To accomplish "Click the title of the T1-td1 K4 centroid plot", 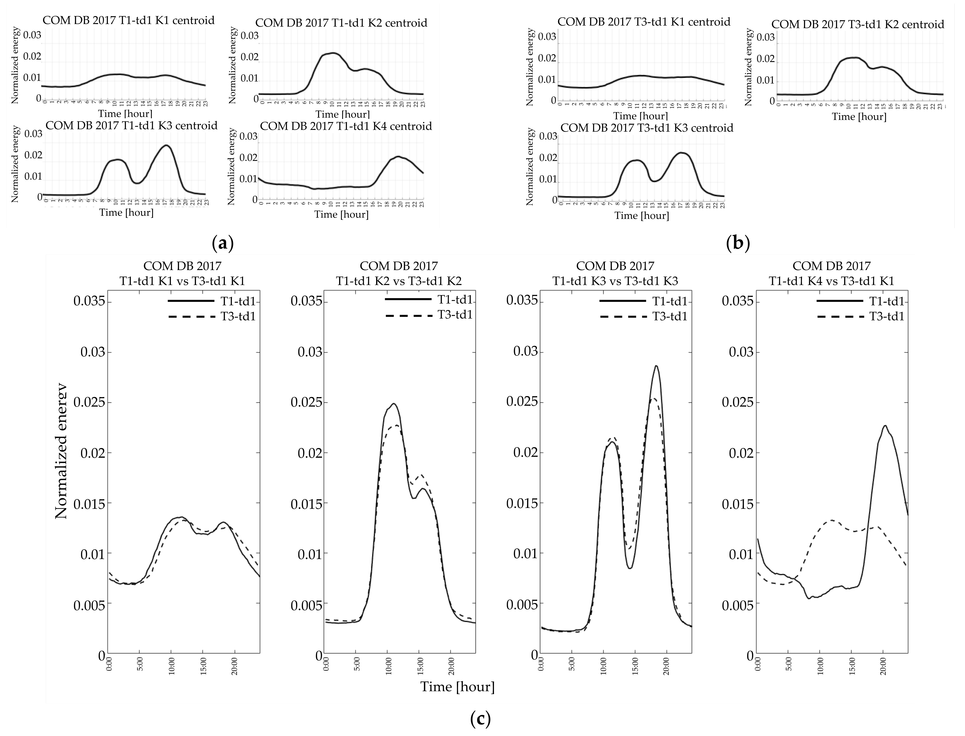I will pyautogui.click(x=346, y=126).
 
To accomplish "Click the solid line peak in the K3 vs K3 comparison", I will pyautogui.click(x=656, y=366).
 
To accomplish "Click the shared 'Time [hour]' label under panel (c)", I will pyautogui.click(x=457, y=686).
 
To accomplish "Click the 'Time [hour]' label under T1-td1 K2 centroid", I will pyautogui.click(x=343, y=114).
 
